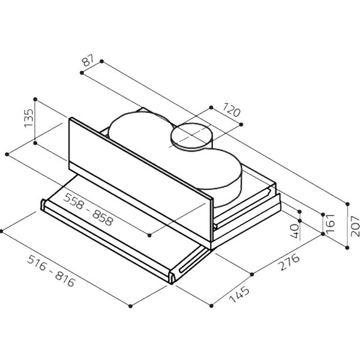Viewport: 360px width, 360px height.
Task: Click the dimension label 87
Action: pos(88,61)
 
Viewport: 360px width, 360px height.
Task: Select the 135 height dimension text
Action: pos(29,118)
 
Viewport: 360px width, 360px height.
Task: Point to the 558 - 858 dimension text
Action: pos(89,209)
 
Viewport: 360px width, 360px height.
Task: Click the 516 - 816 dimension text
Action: pos(51,271)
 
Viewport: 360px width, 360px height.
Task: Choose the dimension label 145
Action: pos(239,294)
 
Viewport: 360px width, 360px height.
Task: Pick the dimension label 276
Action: pos(289,262)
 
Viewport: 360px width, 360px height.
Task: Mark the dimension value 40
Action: pos(295,231)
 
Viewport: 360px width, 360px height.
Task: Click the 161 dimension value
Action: pos(331,224)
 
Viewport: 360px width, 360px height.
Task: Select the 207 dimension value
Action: pos(355,226)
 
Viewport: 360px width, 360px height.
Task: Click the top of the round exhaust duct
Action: pos(191,136)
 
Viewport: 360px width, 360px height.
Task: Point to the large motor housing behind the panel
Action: pos(175,154)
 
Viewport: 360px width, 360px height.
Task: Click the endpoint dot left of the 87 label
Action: pos(82,73)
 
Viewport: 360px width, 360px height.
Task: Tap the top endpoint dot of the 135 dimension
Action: pos(35,99)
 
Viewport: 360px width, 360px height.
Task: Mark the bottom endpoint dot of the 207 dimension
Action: pos(347,247)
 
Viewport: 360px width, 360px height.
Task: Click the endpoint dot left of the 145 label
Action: pos(211,305)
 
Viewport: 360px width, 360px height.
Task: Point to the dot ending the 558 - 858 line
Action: pos(149,235)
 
